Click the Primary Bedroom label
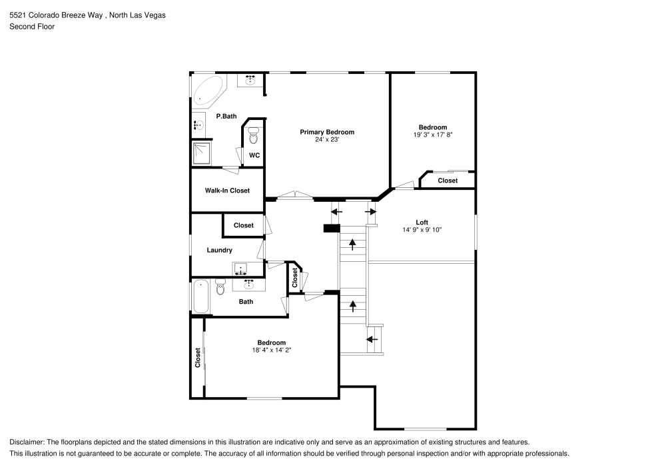[326, 132]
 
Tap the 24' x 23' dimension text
[326, 140]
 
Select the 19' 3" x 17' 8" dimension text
[433, 135]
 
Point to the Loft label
[422, 223]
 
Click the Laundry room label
[219, 250]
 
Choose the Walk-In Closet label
[227, 191]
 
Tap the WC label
[254, 155]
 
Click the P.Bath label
[226, 116]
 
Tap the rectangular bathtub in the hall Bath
[200, 296]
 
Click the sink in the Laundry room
[240, 268]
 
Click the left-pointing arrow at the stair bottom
[372, 339]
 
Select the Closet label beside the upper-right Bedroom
[448, 181]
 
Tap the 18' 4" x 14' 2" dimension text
[272, 350]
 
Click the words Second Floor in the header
[32, 27]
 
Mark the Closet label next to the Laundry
[243, 225]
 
